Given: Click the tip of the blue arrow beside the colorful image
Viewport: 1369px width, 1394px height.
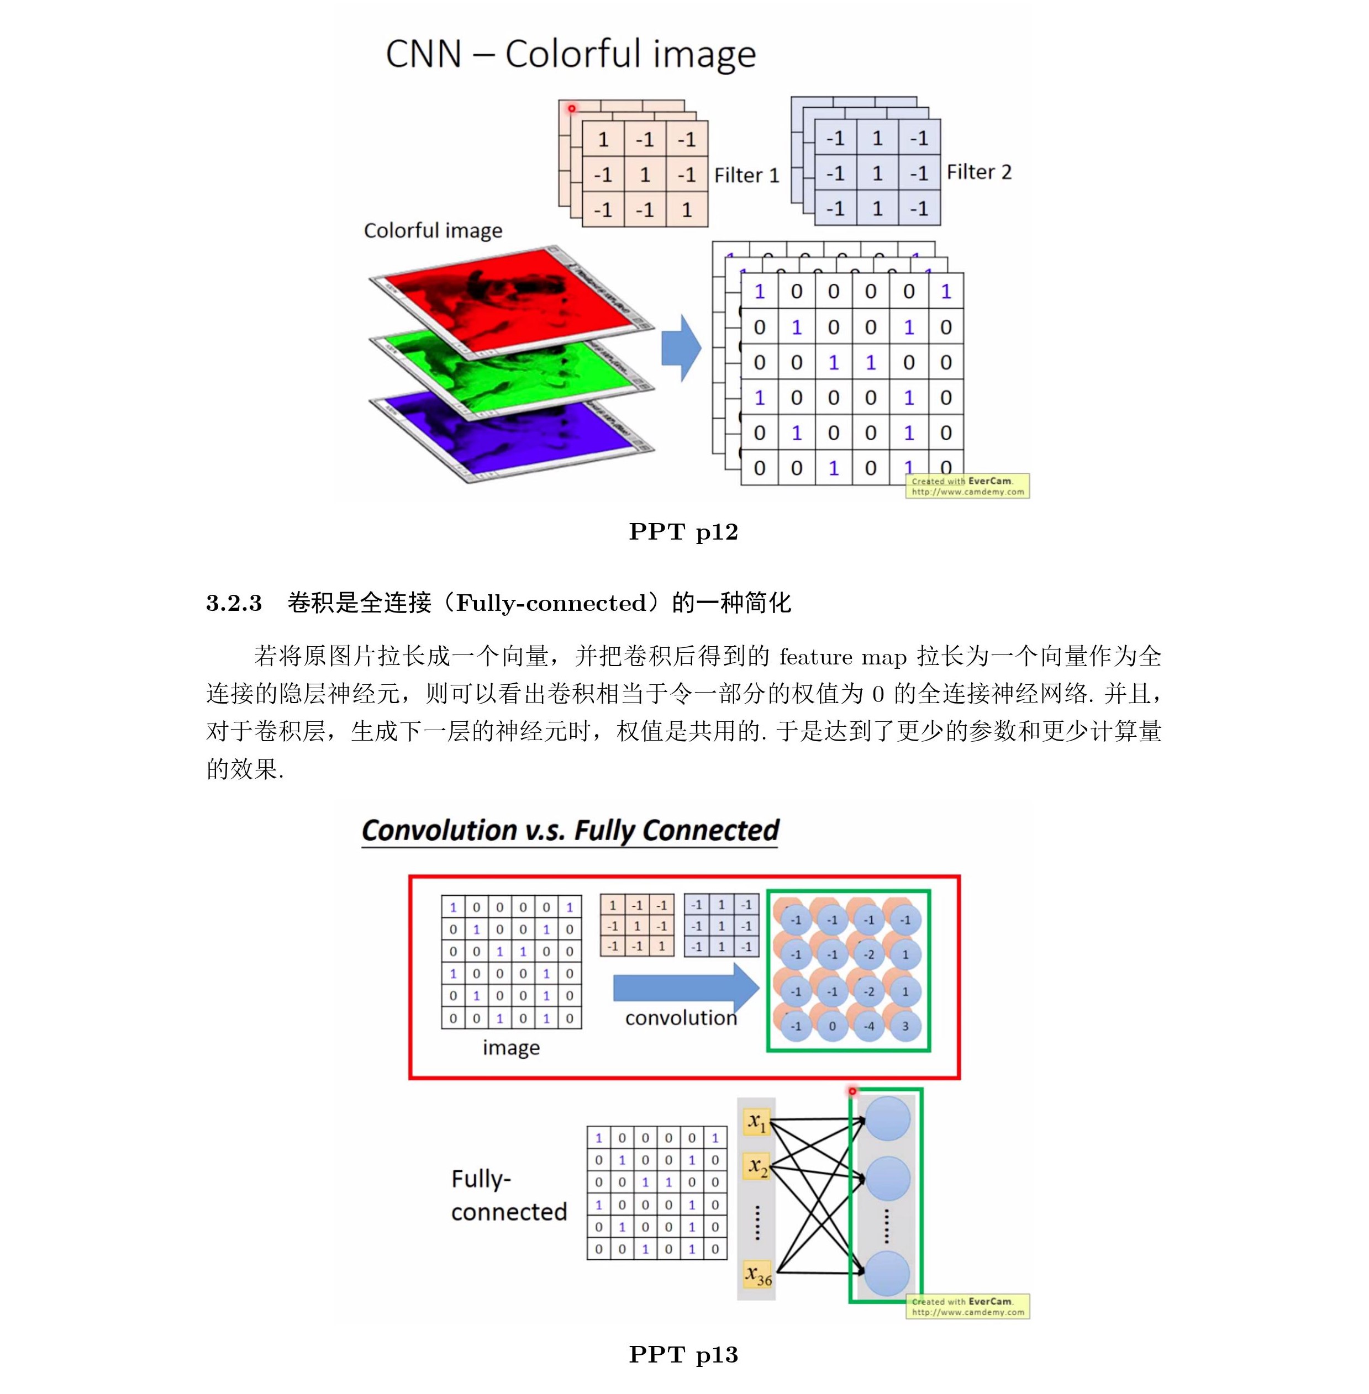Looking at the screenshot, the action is (701, 348).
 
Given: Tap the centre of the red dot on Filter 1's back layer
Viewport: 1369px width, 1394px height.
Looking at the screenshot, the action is (572, 109).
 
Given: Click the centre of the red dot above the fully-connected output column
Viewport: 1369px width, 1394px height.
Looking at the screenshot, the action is (852, 1091).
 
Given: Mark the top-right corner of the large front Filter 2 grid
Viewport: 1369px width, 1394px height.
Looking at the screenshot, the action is (940, 120).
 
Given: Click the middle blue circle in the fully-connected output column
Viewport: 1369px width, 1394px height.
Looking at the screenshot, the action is (887, 1177).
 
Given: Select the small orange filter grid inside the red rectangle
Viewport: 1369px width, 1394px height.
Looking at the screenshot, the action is (637, 925).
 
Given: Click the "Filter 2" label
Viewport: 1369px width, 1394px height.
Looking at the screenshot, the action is (978, 172).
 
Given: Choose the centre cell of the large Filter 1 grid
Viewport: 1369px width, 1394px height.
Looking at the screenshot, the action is (645, 175).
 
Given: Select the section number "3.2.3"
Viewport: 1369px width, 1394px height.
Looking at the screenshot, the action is (234, 603).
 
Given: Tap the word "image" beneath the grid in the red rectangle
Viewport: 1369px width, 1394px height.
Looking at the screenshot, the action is (511, 1048).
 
